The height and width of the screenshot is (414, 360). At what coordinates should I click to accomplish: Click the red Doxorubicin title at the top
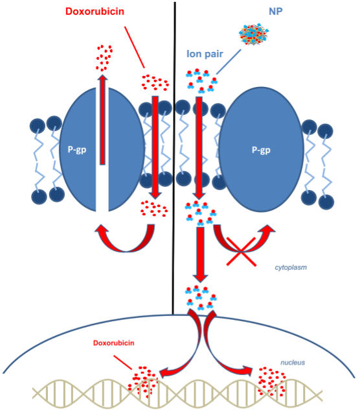95,11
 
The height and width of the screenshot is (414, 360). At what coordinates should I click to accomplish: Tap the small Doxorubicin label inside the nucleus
113,343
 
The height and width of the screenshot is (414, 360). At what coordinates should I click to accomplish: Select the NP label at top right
275,11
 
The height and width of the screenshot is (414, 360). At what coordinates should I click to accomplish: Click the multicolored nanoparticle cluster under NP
254,34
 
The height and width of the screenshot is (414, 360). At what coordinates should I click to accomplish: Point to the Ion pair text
205,54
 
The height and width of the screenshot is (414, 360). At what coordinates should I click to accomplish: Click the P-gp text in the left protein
77,150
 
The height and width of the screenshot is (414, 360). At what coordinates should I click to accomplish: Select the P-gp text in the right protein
261,150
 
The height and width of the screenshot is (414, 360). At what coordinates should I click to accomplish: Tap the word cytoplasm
291,267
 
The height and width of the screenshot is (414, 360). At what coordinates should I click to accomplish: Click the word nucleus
293,363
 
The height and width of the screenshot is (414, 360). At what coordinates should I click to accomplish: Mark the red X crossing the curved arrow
241,252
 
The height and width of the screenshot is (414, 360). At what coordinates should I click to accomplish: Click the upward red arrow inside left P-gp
102,119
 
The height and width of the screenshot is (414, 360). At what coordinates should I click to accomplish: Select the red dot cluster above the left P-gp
104,58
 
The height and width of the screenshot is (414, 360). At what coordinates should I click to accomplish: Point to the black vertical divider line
174,158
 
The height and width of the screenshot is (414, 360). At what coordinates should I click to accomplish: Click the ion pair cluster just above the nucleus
201,297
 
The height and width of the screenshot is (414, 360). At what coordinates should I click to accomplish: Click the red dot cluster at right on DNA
271,382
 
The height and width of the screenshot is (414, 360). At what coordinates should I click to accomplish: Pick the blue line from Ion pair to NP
229,62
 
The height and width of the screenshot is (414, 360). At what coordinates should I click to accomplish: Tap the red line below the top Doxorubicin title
135,47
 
